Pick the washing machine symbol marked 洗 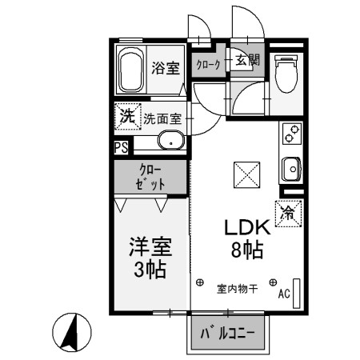(126, 117)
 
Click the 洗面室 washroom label (162, 119)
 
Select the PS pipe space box (121, 147)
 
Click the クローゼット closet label (152, 176)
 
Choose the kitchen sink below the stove (291, 170)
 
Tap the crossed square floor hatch (243, 172)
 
